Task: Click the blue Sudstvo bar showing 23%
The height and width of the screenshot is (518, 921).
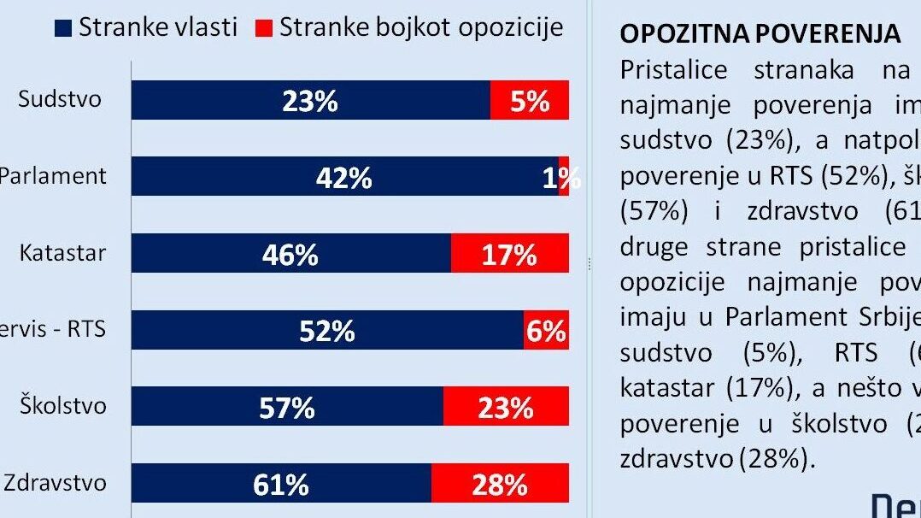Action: (x=310, y=101)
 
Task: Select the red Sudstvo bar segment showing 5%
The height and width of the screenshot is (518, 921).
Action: (x=529, y=101)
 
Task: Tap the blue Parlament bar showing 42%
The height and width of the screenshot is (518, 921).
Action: (x=344, y=177)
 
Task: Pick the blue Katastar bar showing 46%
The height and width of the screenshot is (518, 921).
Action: (x=290, y=254)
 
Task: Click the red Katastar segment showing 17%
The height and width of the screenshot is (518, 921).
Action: (x=509, y=254)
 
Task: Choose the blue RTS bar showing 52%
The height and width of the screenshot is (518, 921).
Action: (x=327, y=330)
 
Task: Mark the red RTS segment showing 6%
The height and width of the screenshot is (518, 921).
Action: (x=546, y=330)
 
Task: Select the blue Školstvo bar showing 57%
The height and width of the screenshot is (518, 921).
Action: (x=287, y=407)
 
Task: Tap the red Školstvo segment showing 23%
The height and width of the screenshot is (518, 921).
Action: (x=506, y=407)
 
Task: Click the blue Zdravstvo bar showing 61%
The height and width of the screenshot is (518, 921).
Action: (x=281, y=484)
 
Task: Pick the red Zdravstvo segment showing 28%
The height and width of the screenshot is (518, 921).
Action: (x=500, y=484)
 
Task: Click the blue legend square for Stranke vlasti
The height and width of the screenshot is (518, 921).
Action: (x=62, y=28)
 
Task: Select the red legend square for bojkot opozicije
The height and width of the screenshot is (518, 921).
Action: (x=263, y=28)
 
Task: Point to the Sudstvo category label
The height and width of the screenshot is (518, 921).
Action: (x=60, y=99)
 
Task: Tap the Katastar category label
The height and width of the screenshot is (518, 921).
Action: (x=63, y=253)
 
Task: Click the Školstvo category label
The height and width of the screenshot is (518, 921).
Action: (x=64, y=405)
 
